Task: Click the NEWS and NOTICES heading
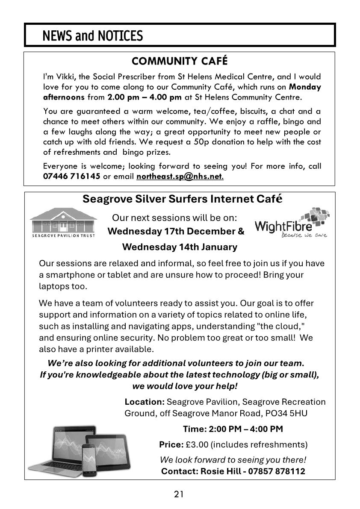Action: click(x=93, y=36)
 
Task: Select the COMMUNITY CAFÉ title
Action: click(x=180, y=61)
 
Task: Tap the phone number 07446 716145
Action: click(x=72, y=177)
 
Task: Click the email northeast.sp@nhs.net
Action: click(x=180, y=177)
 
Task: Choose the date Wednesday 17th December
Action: click(x=172, y=232)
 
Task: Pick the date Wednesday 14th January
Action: click(x=180, y=247)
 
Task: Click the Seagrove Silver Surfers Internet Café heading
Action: click(x=182, y=199)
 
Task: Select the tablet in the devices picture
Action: click(x=106, y=449)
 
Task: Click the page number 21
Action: click(x=179, y=494)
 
